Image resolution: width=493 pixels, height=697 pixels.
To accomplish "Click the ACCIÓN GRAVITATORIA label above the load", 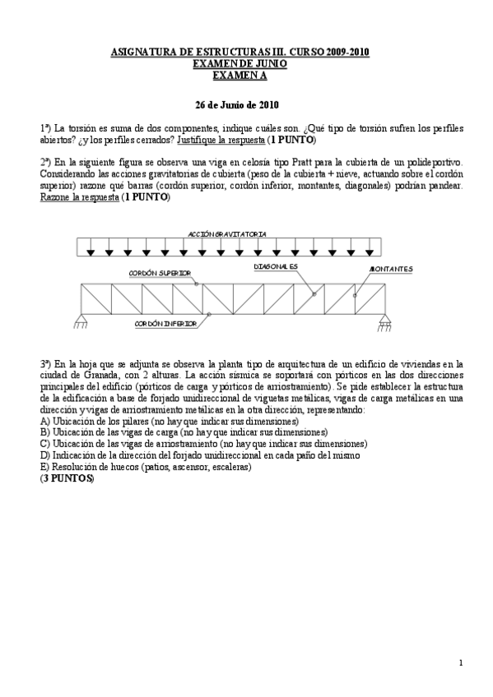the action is tap(227, 234).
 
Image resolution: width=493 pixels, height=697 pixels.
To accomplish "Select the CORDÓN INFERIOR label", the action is tap(165, 324).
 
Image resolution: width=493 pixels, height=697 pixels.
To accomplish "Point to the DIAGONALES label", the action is tap(276, 267).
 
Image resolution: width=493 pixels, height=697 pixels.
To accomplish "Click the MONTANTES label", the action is tap(391, 269).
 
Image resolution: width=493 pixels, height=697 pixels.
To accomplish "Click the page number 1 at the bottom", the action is tap(461, 662).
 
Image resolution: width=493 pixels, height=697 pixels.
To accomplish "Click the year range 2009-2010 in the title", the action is tap(346, 53).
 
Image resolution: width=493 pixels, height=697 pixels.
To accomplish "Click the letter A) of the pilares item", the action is tap(44, 421).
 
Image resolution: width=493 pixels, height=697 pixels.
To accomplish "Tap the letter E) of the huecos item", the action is tap(44, 467).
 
